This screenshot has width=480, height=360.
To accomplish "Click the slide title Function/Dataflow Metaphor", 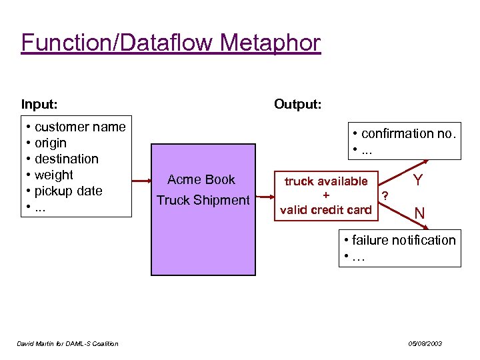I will [171, 43].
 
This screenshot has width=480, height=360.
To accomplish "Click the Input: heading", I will [39, 104].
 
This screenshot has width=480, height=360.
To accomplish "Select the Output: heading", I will [297, 104].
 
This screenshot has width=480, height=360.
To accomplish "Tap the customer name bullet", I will [79, 127].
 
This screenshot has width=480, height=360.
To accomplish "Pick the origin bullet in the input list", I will [50, 143].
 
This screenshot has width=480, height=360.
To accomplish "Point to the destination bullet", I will [66, 159].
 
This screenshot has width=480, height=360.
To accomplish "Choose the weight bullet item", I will [53, 175].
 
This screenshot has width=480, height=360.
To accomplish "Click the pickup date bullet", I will [68, 191].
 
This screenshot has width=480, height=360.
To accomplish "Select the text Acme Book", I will [201, 179].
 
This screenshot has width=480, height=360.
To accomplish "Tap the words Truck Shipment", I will [202, 200].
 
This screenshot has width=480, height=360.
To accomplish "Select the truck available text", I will [326, 181].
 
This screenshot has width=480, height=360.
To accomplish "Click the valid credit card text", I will [326, 210].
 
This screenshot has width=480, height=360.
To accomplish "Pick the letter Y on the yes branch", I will [418, 181].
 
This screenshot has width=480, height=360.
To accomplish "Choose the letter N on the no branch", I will [419, 214].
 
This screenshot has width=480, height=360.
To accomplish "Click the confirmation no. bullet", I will [408, 133].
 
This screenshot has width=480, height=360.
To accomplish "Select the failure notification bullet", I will [403, 240].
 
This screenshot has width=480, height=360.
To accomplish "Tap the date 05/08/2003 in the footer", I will [425, 343].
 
